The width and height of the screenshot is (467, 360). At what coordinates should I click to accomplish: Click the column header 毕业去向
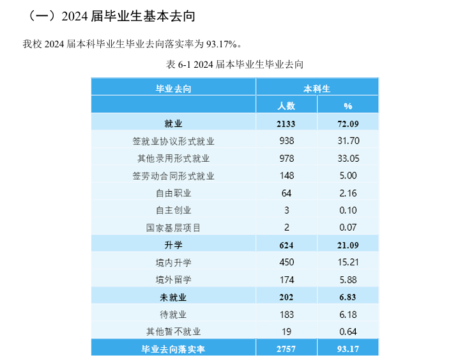coord(173,88)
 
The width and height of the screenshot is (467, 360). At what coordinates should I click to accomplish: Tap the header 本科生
coord(317,88)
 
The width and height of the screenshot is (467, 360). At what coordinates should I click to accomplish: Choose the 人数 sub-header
coord(287,106)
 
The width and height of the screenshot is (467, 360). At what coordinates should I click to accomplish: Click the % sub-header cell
coord(348,106)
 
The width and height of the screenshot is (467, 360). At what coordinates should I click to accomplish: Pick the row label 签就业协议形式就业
coord(173,141)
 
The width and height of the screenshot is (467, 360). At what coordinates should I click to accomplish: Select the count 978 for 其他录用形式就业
coord(287,158)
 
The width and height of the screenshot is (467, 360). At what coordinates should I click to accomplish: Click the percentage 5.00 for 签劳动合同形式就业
coord(348,175)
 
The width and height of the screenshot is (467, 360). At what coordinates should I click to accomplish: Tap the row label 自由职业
coord(173,192)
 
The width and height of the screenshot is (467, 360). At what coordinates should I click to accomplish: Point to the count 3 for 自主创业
coord(287,210)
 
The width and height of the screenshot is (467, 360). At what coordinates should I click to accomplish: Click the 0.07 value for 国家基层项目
coord(348,227)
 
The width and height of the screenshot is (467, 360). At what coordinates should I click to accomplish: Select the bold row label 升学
coord(173,244)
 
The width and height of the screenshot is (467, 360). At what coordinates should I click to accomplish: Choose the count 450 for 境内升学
coord(287,262)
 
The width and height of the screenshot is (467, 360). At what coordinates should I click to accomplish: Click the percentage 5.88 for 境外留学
coord(348,279)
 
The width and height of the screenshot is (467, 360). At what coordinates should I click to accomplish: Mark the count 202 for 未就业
coord(287,297)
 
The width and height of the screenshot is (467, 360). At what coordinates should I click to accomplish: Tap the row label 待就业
coord(173,314)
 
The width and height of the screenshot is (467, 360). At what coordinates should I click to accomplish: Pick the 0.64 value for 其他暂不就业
coord(348,331)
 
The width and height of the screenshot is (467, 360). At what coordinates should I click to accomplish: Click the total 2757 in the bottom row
coord(287,348)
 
